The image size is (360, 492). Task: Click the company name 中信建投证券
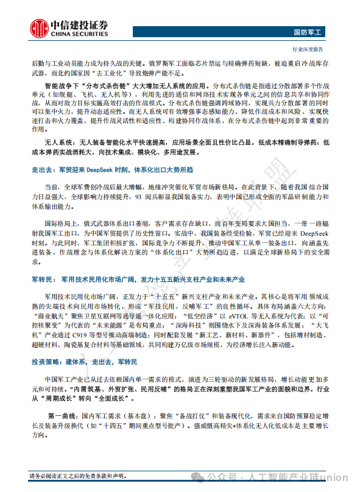pos(78,24)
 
